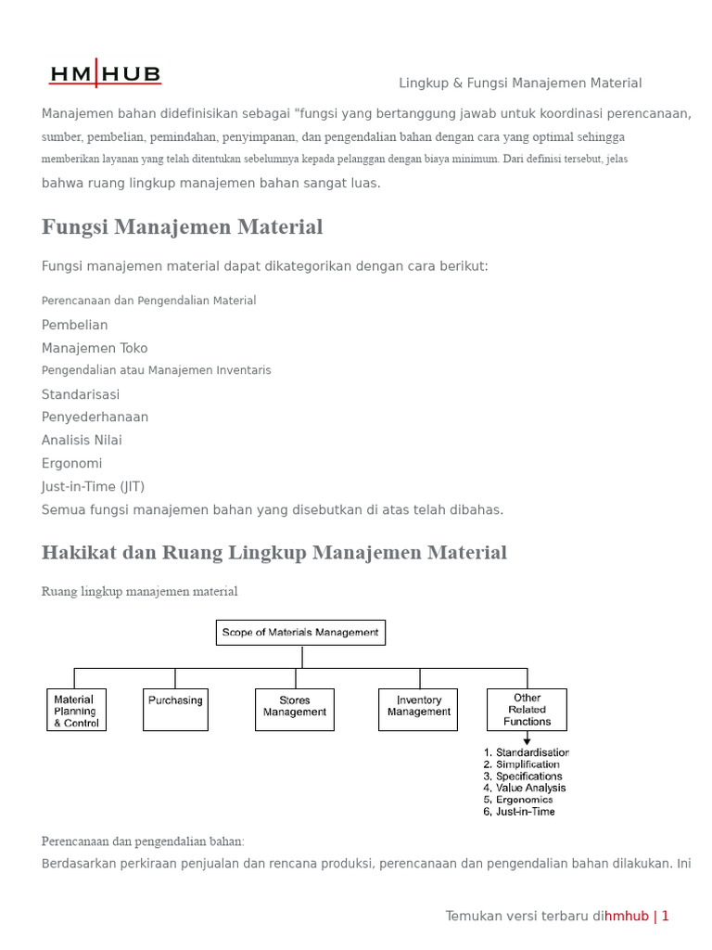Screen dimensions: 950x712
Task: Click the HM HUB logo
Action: [x=106, y=74]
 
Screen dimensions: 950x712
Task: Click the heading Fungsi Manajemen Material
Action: [x=182, y=227]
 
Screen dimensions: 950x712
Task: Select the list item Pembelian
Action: [x=74, y=326]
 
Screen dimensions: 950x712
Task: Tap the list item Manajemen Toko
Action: [x=95, y=349]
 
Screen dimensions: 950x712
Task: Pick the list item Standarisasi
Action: [x=81, y=394]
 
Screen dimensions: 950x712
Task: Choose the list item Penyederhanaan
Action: [x=95, y=417]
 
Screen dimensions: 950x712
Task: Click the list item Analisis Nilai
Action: [x=82, y=441]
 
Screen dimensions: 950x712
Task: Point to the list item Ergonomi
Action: [x=71, y=464]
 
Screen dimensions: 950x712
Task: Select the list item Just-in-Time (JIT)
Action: [x=93, y=487]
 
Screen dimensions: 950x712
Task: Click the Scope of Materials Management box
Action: [x=300, y=633]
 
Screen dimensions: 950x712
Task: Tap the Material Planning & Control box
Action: [x=76, y=711]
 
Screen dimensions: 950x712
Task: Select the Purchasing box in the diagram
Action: [x=175, y=710]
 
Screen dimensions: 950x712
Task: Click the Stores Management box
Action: [x=295, y=710]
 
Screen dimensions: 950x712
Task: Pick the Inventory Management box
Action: [x=418, y=710]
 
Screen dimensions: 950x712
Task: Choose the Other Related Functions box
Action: [x=527, y=710]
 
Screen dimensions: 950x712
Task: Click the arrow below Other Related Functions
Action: [x=527, y=738]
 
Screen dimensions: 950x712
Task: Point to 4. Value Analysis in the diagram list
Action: [x=525, y=788]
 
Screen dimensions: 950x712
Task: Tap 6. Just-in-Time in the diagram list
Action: [x=519, y=812]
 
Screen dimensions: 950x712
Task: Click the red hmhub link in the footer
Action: [x=627, y=917]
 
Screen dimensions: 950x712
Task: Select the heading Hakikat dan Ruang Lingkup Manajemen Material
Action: [x=273, y=553]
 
